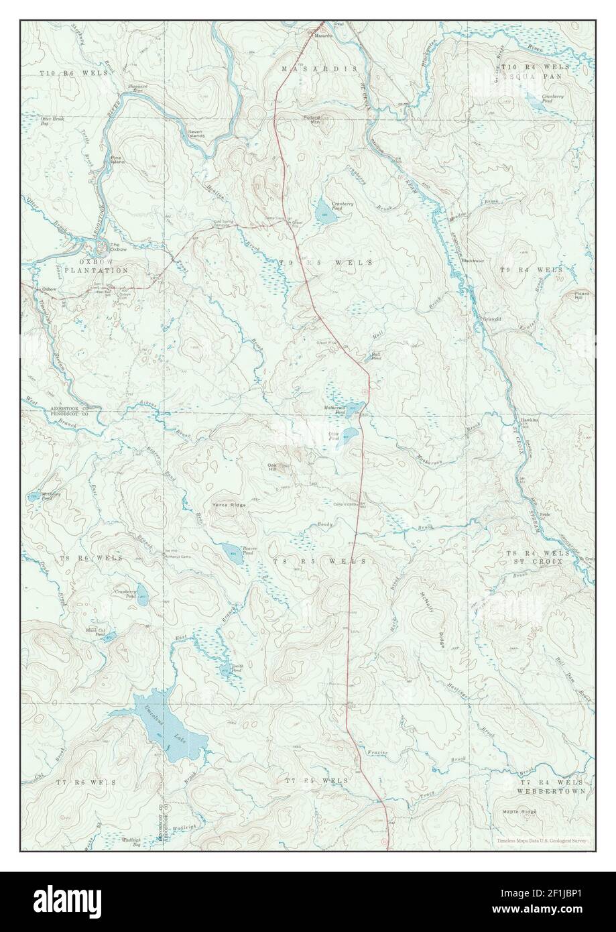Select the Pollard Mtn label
coord(312,119)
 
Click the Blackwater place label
coord(474,261)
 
